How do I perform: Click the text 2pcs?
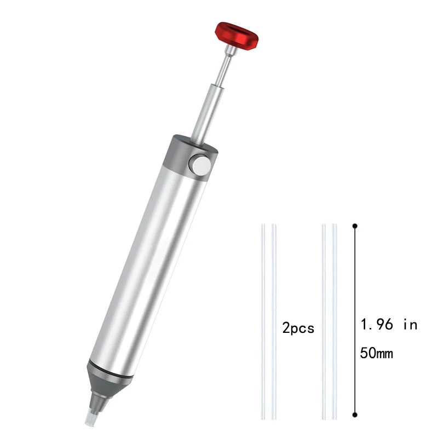coord(298,328)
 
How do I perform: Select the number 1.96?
coord(377,324)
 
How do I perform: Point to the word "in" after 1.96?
coord(410,324)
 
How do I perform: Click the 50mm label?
coord(377,353)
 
